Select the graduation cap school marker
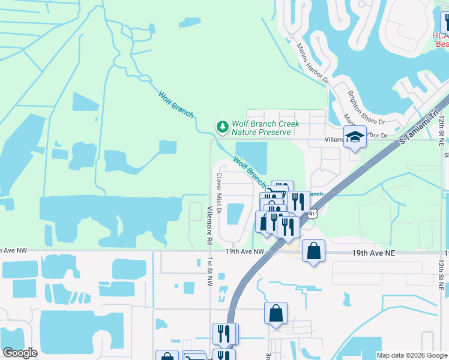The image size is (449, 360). coord(355,137)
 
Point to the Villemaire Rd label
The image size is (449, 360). coord(209,224)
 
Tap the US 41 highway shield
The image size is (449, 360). coord(313,214)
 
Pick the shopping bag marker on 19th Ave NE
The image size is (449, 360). coord(313,250)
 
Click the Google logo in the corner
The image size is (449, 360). coord(20,353)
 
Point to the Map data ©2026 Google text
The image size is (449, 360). coord(411,355)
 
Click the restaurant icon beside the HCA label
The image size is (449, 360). coord(445,23)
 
